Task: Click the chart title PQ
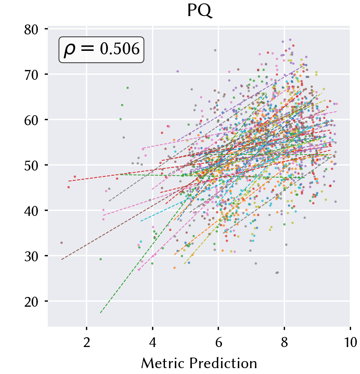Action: [199, 11]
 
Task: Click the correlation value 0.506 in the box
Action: [120, 49]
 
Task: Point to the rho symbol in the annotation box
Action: [70, 50]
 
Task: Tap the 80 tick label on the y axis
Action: [31, 30]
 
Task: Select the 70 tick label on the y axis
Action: [31, 75]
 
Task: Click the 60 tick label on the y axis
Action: [31, 120]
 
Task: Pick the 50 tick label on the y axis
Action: [31, 166]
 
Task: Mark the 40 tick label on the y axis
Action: [31, 211]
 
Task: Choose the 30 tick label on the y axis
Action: [31, 257]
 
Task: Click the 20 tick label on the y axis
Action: [31, 302]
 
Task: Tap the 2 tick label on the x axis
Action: [87, 342]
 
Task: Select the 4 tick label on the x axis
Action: [152, 342]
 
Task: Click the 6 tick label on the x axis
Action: [219, 342]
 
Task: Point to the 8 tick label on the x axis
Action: [284, 342]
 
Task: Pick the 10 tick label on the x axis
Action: [350, 342]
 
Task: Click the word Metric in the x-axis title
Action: [163, 363]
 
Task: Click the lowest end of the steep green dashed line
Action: [100, 313]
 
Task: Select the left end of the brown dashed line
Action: [61, 259]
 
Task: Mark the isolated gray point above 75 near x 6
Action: [215, 50]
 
